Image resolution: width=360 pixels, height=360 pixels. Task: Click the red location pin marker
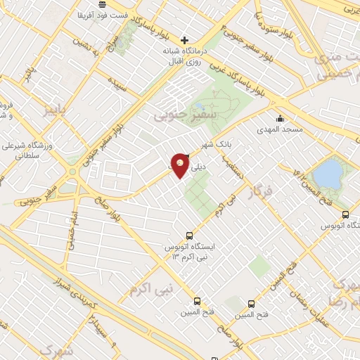(x=181, y=165)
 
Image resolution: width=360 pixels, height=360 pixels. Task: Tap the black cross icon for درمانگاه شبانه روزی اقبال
(x=184, y=40)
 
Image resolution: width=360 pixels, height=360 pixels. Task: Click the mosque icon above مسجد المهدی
(x=280, y=117)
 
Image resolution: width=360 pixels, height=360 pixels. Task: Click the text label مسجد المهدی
(x=280, y=130)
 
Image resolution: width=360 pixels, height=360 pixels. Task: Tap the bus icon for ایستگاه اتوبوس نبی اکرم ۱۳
(x=188, y=236)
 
